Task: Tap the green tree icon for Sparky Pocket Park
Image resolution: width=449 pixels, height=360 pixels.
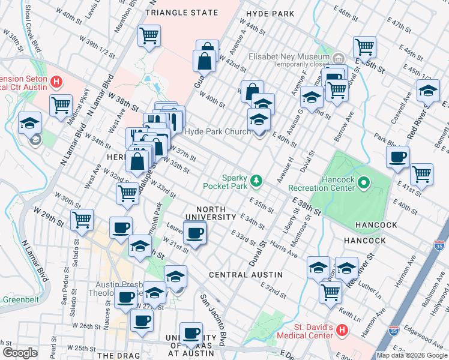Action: pos(257,179)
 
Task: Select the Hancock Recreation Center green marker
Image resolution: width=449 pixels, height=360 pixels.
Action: pos(363,182)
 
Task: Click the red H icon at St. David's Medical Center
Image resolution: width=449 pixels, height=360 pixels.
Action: pos(342,329)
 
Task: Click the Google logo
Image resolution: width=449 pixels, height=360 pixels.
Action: pos(19,353)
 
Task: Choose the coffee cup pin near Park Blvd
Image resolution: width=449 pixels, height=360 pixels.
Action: pos(397,158)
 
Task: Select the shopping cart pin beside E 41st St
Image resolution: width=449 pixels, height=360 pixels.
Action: pos(421,175)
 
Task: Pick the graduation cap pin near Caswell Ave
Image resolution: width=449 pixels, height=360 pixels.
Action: pos(427,91)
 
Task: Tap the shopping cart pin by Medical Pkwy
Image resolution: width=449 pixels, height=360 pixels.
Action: pos(61,106)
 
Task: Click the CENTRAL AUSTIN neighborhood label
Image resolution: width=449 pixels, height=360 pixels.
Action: pos(246,274)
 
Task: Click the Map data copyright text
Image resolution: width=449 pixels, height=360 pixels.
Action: pos(412,355)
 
